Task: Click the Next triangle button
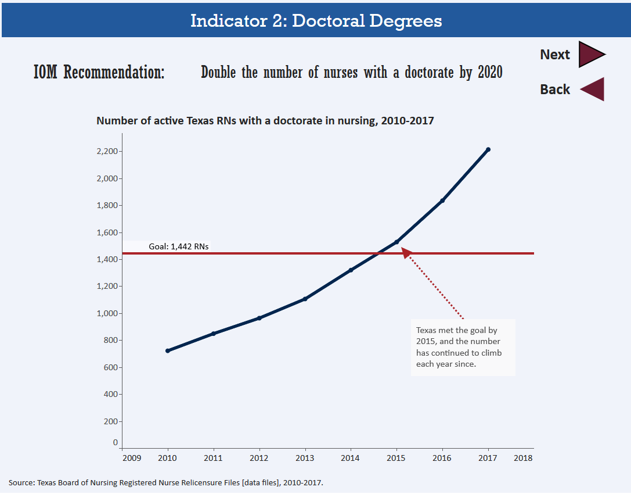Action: point(590,54)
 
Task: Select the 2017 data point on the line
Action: point(488,149)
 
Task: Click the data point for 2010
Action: point(168,350)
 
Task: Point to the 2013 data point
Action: point(305,299)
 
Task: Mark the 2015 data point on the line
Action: point(396,242)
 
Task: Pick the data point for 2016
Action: point(442,201)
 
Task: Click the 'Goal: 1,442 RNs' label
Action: point(179,246)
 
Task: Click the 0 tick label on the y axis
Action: point(116,442)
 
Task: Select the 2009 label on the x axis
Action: point(131,458)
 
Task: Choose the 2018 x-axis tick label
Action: point(523,458)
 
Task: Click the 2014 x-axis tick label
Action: point(351,458)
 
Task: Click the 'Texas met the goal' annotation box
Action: point(463,347)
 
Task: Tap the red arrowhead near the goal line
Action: point(406,252)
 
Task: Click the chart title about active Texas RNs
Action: point(265,121)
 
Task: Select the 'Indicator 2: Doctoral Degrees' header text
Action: point(316,21)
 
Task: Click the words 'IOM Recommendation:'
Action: point(99,73)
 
